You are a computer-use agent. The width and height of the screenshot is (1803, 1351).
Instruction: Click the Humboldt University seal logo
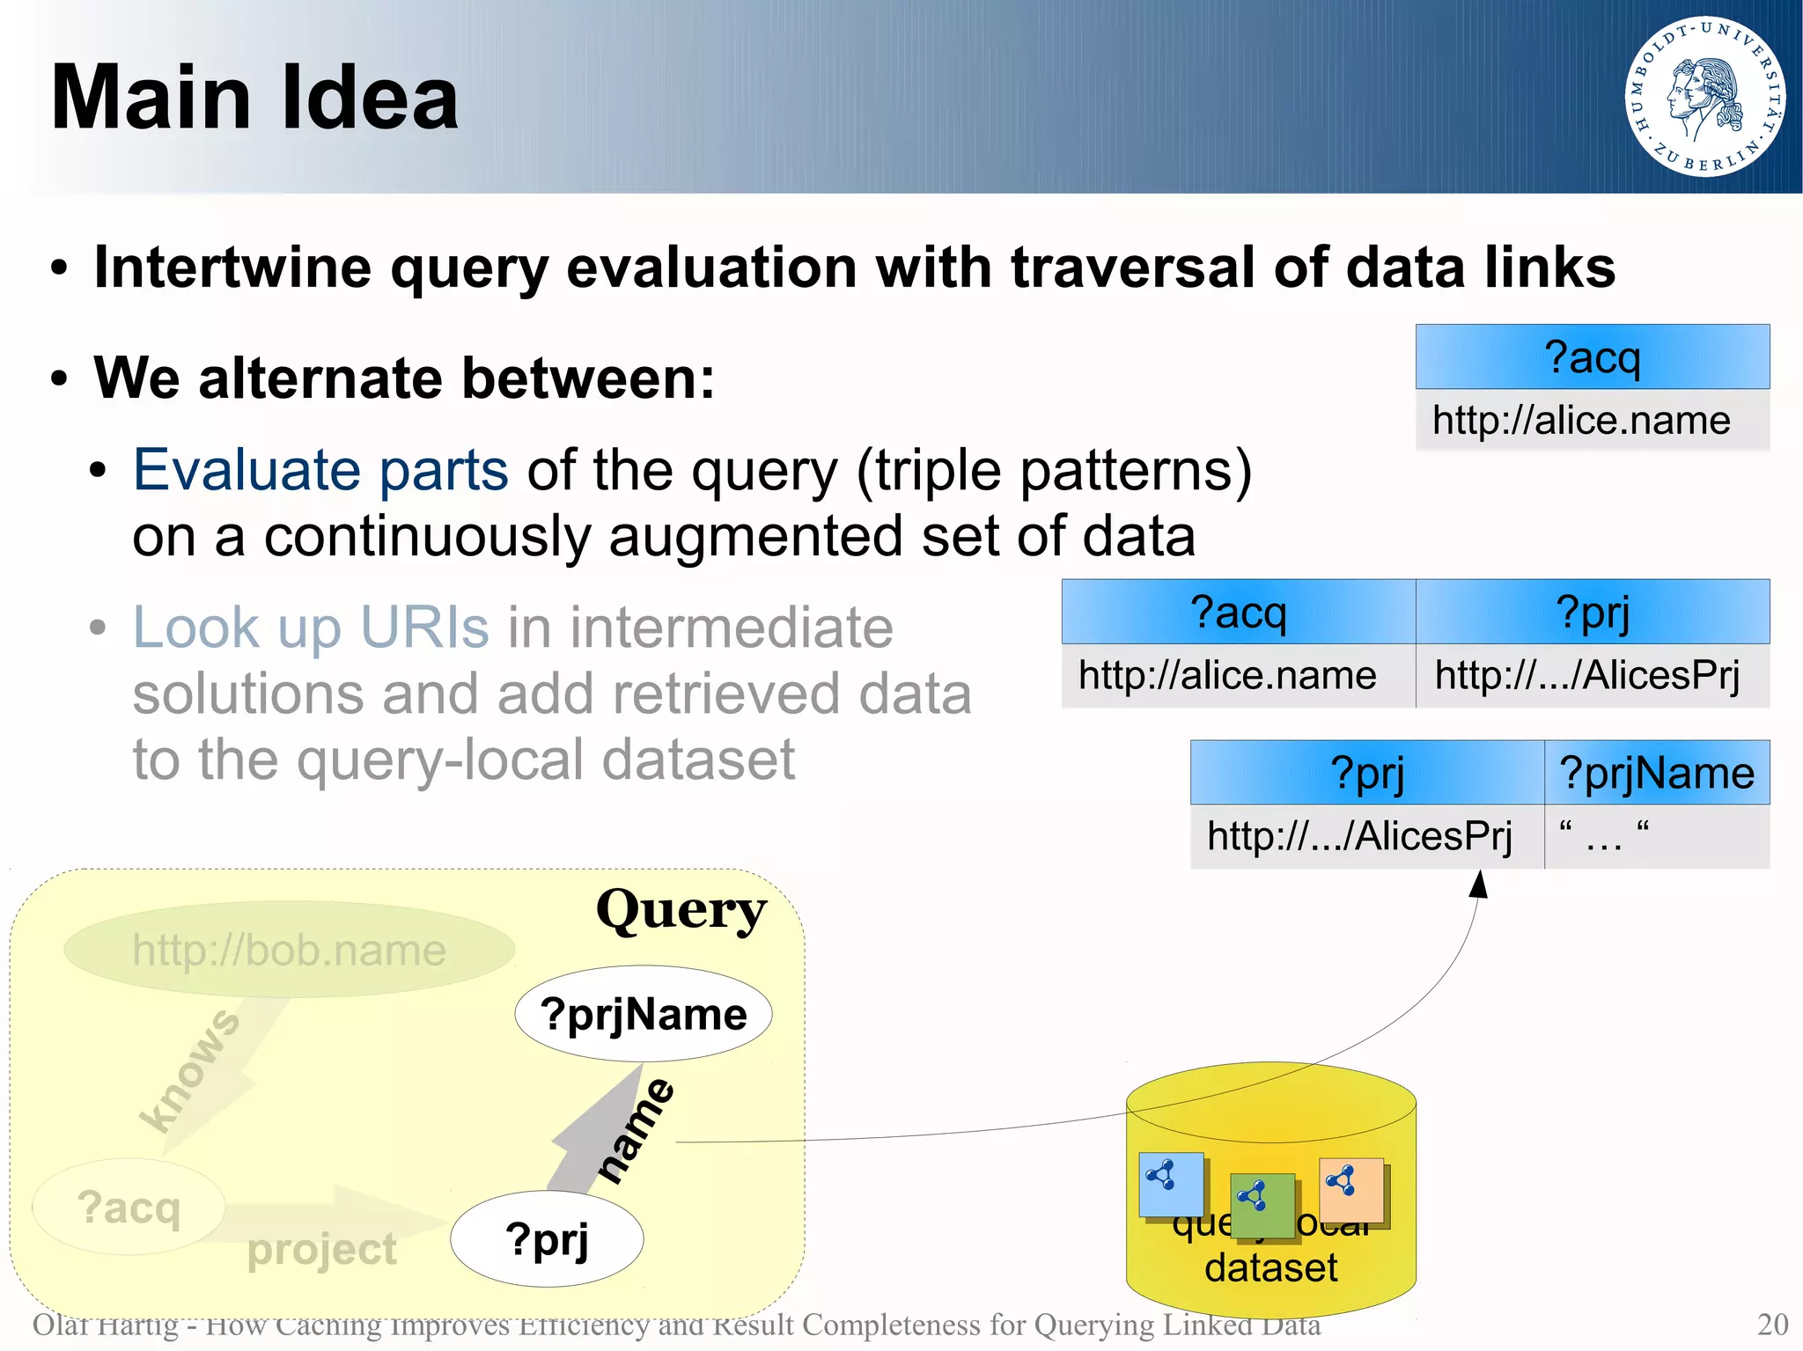1704,96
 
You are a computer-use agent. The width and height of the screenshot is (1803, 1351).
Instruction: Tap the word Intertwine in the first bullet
232,267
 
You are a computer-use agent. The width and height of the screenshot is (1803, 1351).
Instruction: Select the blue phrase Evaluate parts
320,470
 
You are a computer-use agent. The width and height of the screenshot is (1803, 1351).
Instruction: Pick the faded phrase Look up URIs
310,628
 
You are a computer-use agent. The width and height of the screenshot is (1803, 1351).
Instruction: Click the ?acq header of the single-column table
1592,357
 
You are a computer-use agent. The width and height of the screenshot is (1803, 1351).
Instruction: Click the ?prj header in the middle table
1592,613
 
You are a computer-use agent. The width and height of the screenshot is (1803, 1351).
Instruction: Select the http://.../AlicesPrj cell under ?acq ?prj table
1587,676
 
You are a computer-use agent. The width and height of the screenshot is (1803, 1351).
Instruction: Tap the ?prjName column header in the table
1657,773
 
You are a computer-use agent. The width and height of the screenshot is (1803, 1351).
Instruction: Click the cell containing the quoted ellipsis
1604,836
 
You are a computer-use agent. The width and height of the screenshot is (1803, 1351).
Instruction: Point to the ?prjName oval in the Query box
644,1014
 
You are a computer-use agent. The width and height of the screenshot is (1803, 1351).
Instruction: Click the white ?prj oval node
547,1239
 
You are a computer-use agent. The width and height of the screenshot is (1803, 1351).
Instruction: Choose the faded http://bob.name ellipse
289,950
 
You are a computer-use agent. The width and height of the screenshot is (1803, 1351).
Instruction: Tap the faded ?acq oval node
129,1207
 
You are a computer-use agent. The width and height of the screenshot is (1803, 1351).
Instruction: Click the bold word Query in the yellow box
681,909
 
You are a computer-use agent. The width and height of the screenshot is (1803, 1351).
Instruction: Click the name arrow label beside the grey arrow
637,1132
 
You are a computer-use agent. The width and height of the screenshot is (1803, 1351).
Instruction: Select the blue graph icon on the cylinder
1170,1184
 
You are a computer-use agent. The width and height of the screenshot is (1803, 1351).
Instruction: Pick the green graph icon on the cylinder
1262,1204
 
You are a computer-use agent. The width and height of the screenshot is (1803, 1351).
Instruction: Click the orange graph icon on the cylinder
1350,1190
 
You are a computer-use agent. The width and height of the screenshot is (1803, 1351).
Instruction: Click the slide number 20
1772,1324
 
